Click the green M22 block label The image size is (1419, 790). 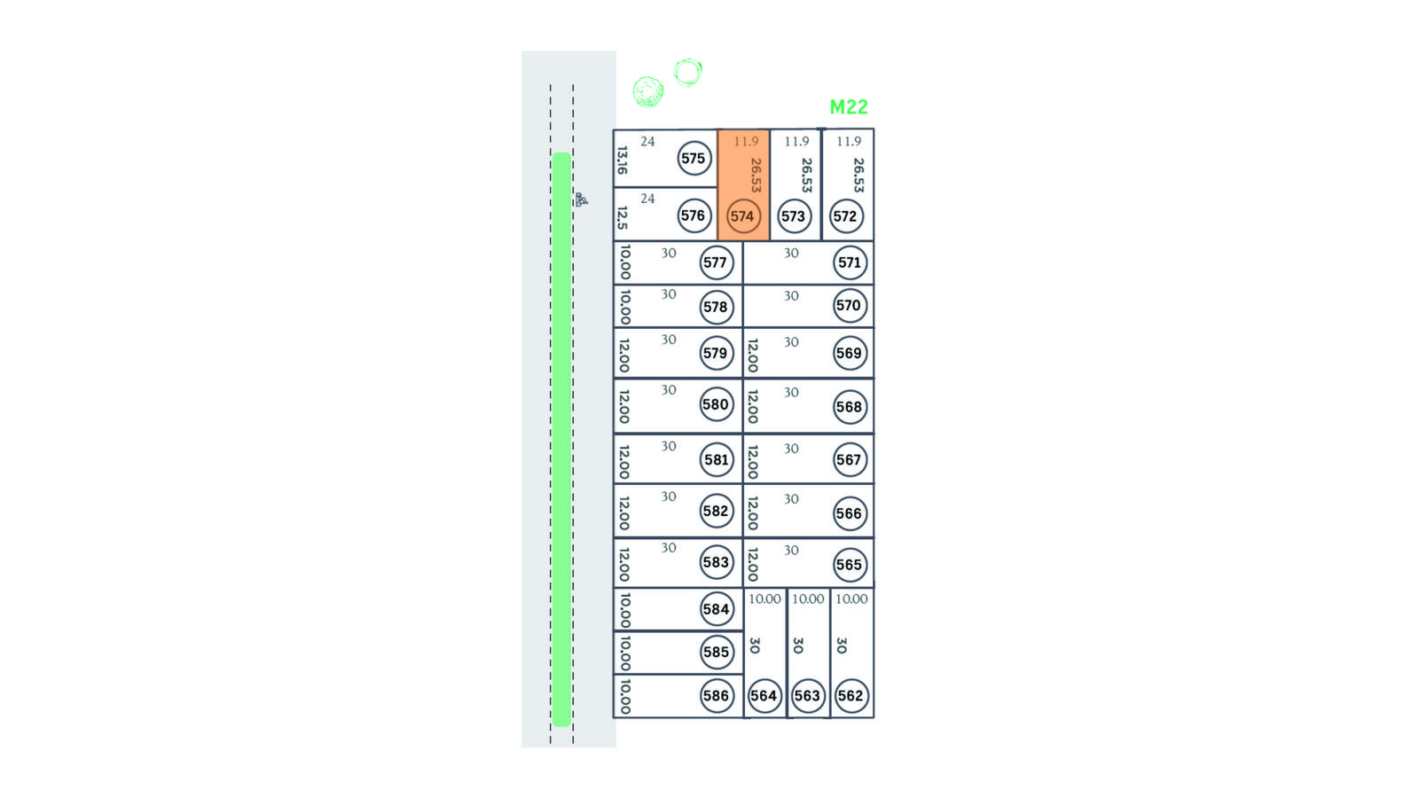pyautogui.click(x=848, y=107)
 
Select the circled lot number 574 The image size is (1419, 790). pyautogui.click(x=742, y=216)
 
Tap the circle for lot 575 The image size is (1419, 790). pyautogui.click(x=694, y=159)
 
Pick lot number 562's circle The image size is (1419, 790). pyautogui.click(x=851, y=696)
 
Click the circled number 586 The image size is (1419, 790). pyautogui.click(x=716, y=696)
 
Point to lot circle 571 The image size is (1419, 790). pyautogui.click(x=849, y=262)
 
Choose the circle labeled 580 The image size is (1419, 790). pyautogui.click(x=716, y=404)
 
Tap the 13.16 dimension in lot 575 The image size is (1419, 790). pyautogui.click(x=623, y=160)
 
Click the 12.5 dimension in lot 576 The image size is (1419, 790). pyautogui.click(x=623, y=218)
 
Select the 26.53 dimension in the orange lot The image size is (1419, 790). pyautogui.click(x=756, y=175)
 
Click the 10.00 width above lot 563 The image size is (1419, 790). pyautogui.click(x=808, y=598)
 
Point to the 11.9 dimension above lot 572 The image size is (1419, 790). pyautogui.click(x=849, y=141)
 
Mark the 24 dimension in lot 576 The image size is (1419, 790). pyautogui.click(x=647, y=199)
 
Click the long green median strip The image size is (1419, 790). pyautogui.click(x=562, y=439)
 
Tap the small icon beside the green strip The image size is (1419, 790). pyautogui.click(x=582, y=199)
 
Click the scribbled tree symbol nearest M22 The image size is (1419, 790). pyautogui.click(x=688, y=72)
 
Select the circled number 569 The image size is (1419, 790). pyautogui.click(x=849, y=353)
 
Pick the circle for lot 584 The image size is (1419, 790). pyautogui.click(x=716, y=609)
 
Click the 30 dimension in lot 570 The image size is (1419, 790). pyautogui.click(x=791, y=296)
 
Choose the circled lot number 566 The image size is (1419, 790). pyautogui.click(x=849, y=513)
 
